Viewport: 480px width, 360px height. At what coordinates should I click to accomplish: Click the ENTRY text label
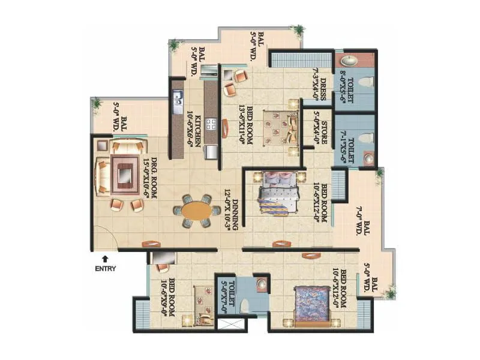click(105, 269)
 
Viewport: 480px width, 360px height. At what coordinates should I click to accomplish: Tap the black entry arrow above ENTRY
click(105, 258)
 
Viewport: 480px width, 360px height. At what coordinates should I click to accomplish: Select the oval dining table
click(197, 212)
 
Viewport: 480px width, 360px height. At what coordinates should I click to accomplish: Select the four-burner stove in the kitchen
click(212, 124)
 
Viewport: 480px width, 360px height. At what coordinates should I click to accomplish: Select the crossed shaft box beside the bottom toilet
click(231, 325)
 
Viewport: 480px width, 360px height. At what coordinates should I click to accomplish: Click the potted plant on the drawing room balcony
click(96, 103)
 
